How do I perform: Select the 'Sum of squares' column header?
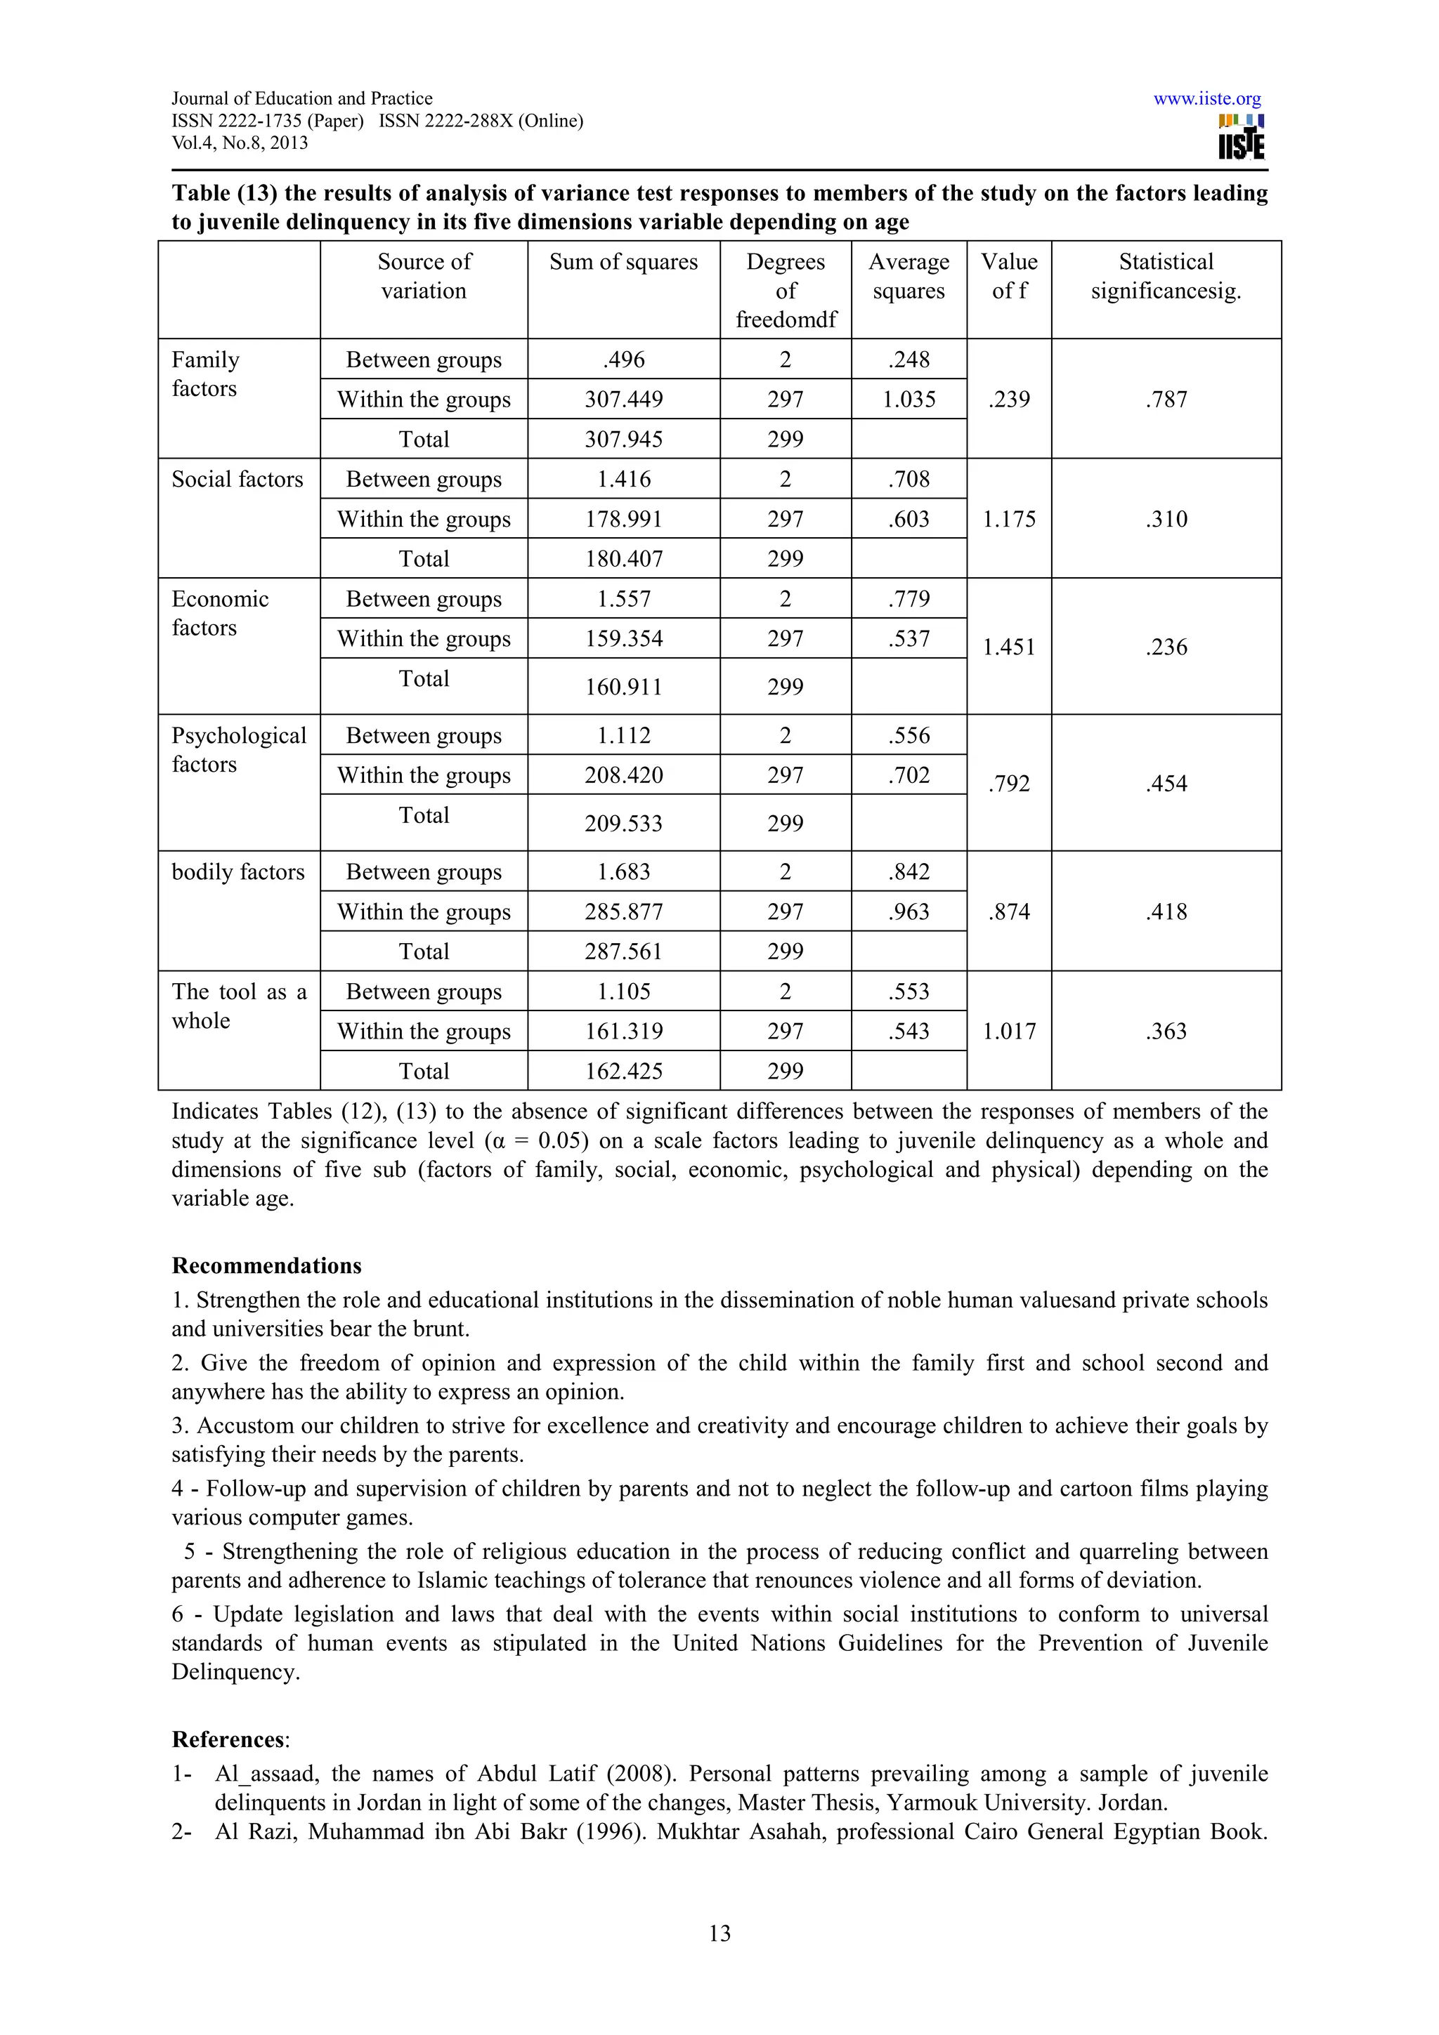coord(623,263)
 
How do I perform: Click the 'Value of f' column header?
coord(1009,276)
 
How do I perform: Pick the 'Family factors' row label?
coord(204,374)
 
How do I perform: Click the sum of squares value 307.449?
coord(623,400)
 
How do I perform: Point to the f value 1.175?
coord(1009,520)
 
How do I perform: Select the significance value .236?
coord(1166,647)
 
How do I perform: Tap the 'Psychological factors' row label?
coord(237,750)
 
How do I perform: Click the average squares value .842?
coord(909,872)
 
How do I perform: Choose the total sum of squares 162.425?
coord(623,1072)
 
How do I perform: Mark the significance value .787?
coord(1166,400)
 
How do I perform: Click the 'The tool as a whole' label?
coord(237,1006)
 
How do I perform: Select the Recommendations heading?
coord(267,1265)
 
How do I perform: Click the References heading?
coord(229,1740)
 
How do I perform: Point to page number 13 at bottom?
coord(719,1934)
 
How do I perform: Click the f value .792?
coord(1009,784)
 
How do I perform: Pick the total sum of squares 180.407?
coord(623,559)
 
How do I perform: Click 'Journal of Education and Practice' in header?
coord(301,99)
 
